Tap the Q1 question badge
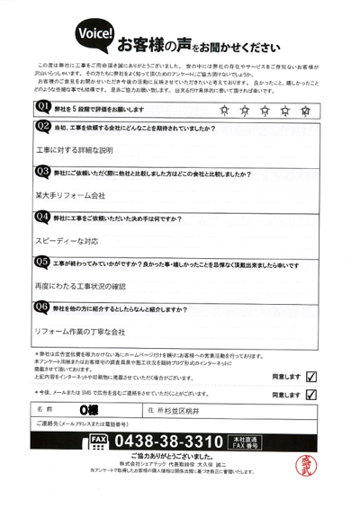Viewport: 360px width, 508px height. (x=40, y=107)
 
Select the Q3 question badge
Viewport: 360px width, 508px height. (x=40, y=171)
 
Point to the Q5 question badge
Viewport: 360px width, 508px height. (x=40, y=262)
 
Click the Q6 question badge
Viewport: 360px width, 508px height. (x=40, y=307)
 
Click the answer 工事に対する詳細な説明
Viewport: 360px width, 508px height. (x=75, y=149)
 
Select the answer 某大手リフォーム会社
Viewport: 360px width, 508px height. (x=70, y=194)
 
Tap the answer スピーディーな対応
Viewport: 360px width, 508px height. (x=67, y=241)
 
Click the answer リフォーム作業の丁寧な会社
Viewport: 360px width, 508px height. (x=79, y=332)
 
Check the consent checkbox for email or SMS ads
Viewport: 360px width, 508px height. (x=312, y=393)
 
